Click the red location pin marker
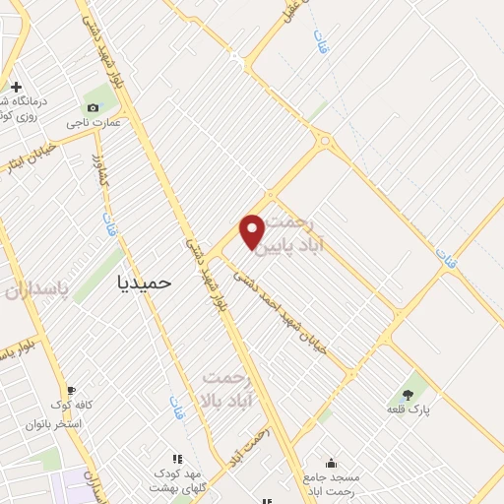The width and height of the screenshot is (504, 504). pyautogui.click(x=253, y=230)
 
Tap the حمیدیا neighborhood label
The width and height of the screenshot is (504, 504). pyautogui.click(x=144, y=282)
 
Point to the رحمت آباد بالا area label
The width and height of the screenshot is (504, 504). pyautogui.click(x=227, y=390)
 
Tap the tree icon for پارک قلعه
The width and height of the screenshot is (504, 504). pyautogui.click(x=408, y=395)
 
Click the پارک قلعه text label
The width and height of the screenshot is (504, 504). pyautogui.click(x=407, y=409)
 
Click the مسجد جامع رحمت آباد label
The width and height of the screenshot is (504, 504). pyautogui.click(x=332, y=483)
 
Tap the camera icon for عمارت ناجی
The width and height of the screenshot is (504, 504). pyautogui.click(x=93, y=108)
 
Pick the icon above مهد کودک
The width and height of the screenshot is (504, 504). pyautogui.click(x=178, y=459)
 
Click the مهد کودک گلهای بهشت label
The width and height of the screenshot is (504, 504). pyautogui.click(x=177, y=480)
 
